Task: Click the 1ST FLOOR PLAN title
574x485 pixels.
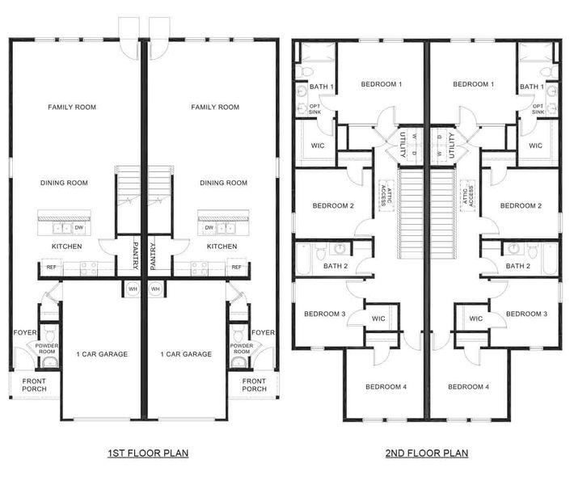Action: click(148, 453)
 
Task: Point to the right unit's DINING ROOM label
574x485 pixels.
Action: click(223, 183)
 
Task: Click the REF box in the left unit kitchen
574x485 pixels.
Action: click(52, 267)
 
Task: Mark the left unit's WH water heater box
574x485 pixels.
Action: click(135, 289)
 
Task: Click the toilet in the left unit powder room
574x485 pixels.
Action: click(50, 333)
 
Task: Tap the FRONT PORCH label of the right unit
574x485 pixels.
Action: click(254, 385)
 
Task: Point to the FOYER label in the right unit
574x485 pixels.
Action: click(263, 332)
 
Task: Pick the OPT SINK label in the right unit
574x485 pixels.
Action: click(538, 110)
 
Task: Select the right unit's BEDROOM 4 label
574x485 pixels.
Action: click(468, 386)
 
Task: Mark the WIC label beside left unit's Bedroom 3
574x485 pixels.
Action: click(378, 318)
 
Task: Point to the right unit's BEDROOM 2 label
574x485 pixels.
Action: click(521, 205)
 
